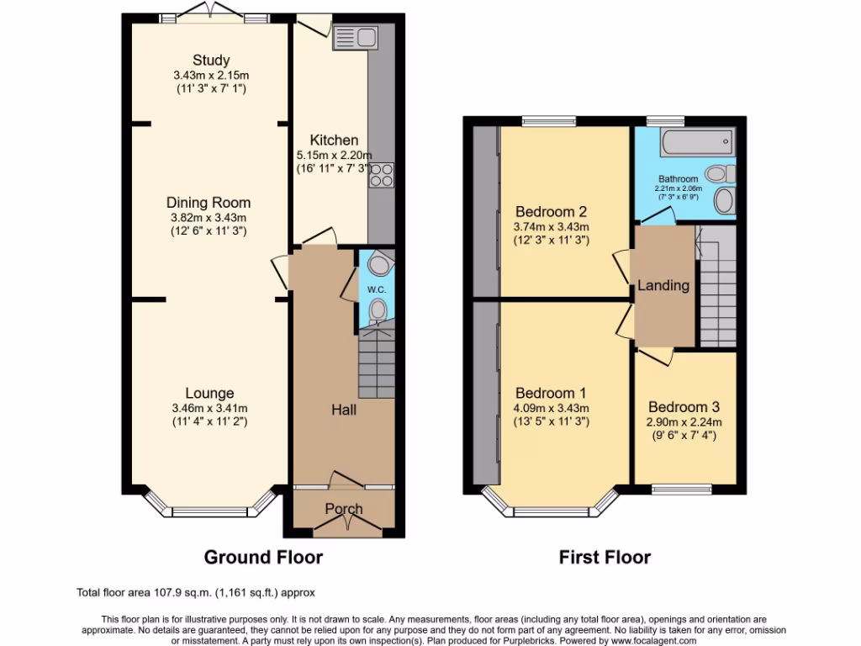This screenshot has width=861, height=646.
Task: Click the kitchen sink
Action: [357, 37]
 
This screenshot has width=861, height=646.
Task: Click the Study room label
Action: [211, 60]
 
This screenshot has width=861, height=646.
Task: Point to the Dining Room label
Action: [209, 203]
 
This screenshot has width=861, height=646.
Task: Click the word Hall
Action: [343, 410]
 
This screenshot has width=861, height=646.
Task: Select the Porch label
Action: [344, 509]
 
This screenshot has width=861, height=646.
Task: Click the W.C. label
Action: [377, 290]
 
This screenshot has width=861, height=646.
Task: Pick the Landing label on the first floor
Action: [663, 285]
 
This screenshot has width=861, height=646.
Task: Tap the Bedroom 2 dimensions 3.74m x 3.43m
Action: [552, 226]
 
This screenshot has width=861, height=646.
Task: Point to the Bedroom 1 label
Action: [552, 394]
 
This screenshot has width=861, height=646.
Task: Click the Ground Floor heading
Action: [263, 557]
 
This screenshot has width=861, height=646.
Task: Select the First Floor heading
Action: [605, 557]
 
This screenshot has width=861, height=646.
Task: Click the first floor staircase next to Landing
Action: [717, 286]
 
